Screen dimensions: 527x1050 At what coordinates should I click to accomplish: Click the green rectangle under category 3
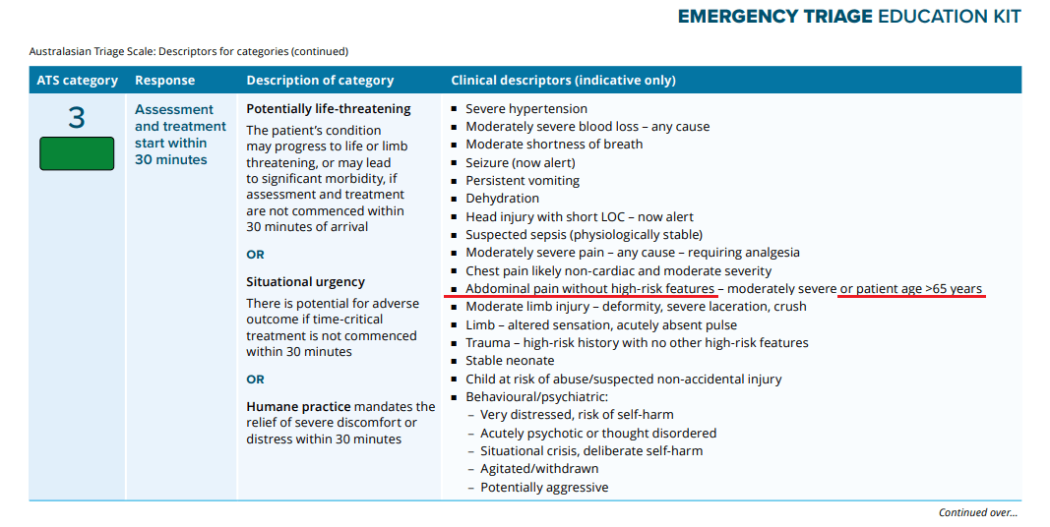pos(77,154)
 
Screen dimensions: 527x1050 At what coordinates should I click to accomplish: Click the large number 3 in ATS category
pos(77,119)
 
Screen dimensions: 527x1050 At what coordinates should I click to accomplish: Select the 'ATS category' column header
pos(77,81)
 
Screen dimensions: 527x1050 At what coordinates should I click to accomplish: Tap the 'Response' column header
pos(164,81)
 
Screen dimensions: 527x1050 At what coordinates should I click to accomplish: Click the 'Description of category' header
pos(320,81)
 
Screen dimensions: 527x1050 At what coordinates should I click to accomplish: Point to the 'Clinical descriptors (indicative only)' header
pos(563,81)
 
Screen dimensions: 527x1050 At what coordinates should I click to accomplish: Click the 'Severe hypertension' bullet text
pos(526,109)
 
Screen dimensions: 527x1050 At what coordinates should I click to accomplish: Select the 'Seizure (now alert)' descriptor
pos(521,163)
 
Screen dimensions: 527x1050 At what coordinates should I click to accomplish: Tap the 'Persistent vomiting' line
pos(523,181)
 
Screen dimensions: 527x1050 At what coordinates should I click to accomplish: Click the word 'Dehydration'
pos(502,199)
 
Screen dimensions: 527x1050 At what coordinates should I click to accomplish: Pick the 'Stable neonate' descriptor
pos(511,361)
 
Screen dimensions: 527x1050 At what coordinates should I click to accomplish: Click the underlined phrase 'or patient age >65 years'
pos(910,289)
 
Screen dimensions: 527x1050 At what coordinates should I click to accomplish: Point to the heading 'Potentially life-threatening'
pos(329,109)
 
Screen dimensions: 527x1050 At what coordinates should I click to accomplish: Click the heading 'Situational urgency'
pos(305,282)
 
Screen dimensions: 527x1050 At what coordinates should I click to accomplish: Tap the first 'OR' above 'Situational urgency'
pos(255,255)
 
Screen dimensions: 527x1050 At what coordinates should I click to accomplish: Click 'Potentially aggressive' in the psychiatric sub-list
pos(544,488)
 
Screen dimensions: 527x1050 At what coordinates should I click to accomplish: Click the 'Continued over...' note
pos(977,512)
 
